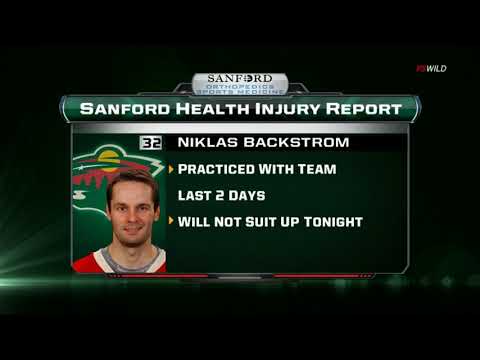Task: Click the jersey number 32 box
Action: [151, 143]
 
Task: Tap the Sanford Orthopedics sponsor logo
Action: [239, 83]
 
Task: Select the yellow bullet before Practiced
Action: [171, 169]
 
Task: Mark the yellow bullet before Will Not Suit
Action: [171, 220]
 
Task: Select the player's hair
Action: [132, 181]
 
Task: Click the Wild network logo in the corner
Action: [431, 68]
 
